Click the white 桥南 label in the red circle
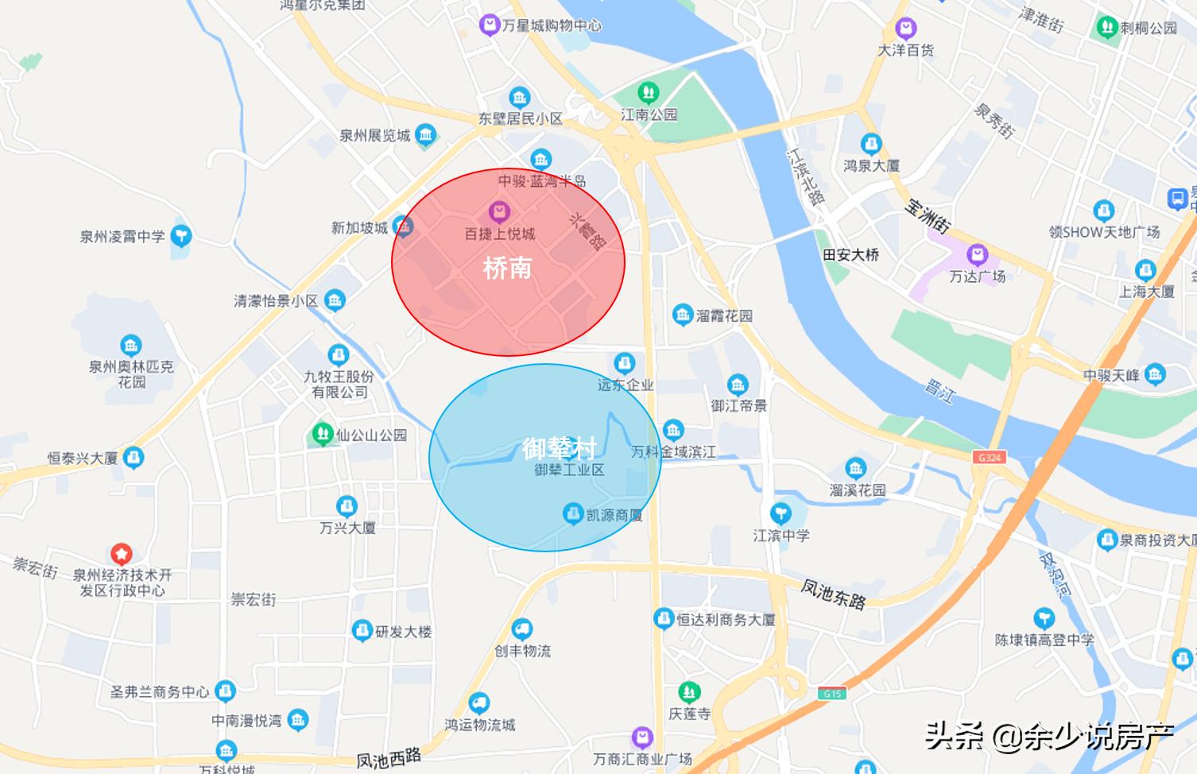[x=507, y=268]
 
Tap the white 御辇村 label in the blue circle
[x=560, y=448]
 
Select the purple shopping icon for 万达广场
[x=977, y=256]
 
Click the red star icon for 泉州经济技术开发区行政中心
[x=121, y=553]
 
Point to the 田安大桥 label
[x=851, y=255]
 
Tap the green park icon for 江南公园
[x=648, y=92]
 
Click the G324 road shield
[x=989, y=458]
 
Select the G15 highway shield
[x=831, y=694]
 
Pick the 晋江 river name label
[x=939, y=390]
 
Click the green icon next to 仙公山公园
[x=321, y=435]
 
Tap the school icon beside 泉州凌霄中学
[x=181, y=236]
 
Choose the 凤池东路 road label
[x=832, y=594]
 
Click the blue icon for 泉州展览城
[x=425, y=135]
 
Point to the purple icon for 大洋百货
[x=905, y=29]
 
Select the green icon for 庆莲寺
[x=689, y=691]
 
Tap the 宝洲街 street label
[x=927, y=214]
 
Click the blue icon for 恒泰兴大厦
[x=134, y=458]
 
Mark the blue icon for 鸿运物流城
[x=478, y=703]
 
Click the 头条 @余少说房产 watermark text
[x=1048, y=737]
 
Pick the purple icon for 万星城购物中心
[x=489, y=25]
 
